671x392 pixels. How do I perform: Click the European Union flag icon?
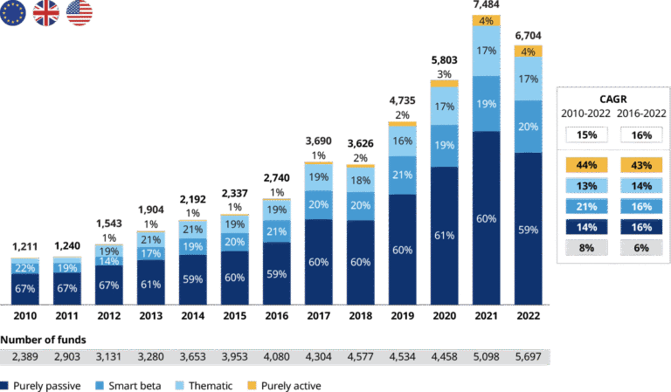coord(13,13)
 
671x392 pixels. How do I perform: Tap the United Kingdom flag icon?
coord(46,13)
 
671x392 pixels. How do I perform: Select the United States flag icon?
coord(80,13)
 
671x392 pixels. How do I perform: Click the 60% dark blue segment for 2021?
coord(487,218)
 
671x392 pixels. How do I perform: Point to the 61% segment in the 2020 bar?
coord(445,235)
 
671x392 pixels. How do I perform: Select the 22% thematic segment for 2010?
coord(25,267)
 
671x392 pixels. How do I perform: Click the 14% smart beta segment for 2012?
coord(109,261)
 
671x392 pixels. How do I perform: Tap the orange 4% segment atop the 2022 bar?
coord(529,52)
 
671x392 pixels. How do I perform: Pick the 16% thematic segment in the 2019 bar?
coord(403,141)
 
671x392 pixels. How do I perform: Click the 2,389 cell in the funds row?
coord(25,357)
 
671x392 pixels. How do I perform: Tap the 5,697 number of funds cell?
coord(529,357)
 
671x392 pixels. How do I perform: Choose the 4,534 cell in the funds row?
coord(403,357)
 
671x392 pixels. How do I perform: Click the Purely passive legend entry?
coord(35,385)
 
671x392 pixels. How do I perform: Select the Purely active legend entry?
coord(284,385)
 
